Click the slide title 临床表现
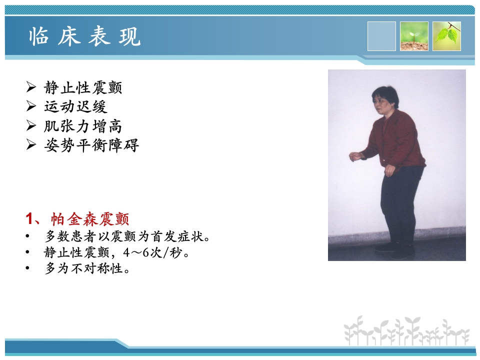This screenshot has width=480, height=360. (84, 36)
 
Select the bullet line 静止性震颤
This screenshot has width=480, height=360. (83, 88)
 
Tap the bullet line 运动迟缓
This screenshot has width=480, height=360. (75, 106)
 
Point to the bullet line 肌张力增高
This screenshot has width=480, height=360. (83, 126)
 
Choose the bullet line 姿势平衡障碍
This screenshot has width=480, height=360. (91, 145)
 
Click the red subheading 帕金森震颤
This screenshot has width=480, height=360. (89, 219)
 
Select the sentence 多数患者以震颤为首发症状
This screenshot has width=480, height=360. (127, 236)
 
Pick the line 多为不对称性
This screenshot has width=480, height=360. (87, 269)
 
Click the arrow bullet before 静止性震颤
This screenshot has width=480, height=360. (31, 88)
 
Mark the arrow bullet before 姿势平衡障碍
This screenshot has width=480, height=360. (31, 145)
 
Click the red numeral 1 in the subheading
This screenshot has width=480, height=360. (29, 219)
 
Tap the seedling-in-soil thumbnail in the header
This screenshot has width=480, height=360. (414, 36)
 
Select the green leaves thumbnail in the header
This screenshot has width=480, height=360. (446, 36)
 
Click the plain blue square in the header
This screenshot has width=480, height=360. (381, 36)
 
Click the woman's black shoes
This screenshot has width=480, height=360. (394, 249)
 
